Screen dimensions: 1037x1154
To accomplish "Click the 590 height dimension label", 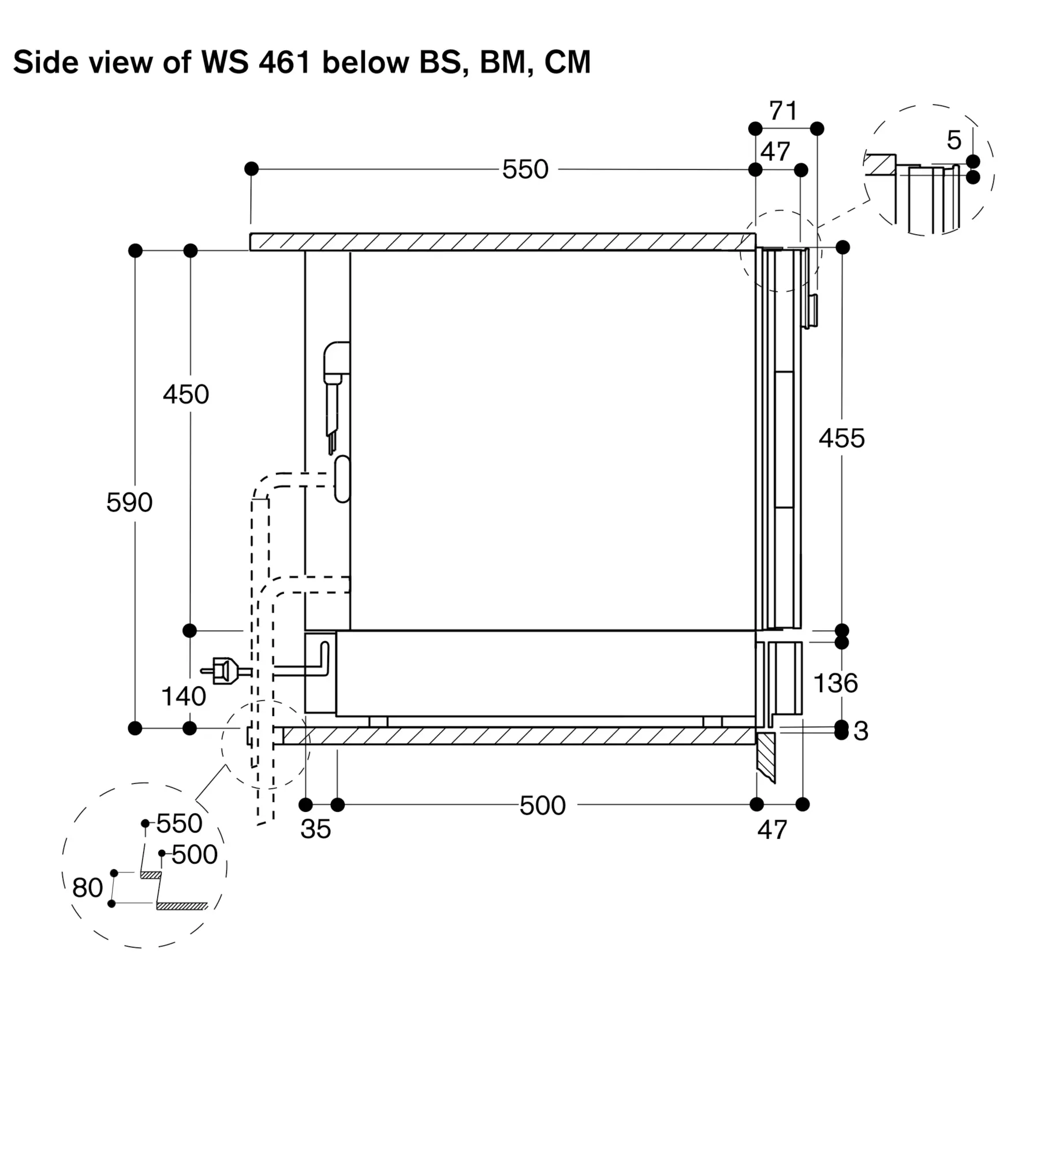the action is tap(129, 503).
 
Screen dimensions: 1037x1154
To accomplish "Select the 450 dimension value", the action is tap(185, 395).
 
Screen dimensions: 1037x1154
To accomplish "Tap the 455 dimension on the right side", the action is tap(841, 439).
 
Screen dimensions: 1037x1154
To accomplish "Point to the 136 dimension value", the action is tap(835, 683).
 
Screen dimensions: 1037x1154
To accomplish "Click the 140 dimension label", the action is tap(183, 696).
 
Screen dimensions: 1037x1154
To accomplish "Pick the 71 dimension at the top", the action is tap(783, 111).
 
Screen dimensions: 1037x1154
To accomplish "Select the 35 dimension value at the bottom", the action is tap(315, 829).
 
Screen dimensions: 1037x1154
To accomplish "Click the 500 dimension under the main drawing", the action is tap(542, 805).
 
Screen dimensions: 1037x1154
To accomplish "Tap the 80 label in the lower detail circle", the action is tap(88, 887).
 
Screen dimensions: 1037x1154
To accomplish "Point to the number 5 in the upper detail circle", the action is tap(954, 140).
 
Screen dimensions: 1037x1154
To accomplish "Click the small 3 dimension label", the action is tap(860, 731).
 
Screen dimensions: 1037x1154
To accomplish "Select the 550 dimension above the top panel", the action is tap(525, 170).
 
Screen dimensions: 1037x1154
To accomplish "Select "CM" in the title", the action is tap(568, 62).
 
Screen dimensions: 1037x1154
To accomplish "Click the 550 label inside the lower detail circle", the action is tap(179, 824).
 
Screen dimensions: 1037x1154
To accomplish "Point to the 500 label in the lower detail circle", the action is tap(195, 855).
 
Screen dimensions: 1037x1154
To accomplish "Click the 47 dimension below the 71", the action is tap(775, 152).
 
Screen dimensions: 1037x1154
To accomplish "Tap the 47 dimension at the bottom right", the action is tap(772, 830).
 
